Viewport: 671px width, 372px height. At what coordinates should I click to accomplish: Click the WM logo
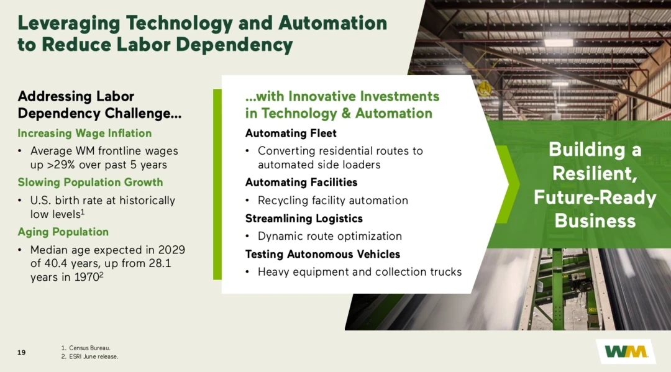click(x=626, y=352)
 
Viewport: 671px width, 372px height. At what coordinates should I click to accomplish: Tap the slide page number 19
click(x=21, y=352)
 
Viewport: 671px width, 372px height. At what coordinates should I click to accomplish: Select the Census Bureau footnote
click(x=86, y=348)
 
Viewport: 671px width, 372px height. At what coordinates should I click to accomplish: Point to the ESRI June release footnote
click(x=89, y=356)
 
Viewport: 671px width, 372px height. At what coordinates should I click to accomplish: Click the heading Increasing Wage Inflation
click(x=84, y=134)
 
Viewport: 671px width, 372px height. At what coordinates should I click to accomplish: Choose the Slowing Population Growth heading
click(x=90, y=182)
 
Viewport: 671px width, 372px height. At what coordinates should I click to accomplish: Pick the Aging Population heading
click(x=63, y=232)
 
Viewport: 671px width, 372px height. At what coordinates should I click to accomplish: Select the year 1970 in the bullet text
click(x=86, y=278)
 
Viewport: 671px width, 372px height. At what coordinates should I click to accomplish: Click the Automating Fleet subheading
click(x=291, y=134)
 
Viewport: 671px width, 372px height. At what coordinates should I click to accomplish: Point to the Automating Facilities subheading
click(x=301, y=182)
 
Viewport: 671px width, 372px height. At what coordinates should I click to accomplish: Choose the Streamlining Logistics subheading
click(x=304, y=219)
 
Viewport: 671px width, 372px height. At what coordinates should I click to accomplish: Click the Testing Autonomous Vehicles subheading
click(x=322, y=255)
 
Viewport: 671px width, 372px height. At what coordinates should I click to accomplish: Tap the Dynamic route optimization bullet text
click(x=330, y=236)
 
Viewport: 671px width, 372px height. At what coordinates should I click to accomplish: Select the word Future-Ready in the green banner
click(x=595, y=197)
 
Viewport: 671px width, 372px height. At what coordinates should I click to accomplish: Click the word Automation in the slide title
click(x=332, y=23)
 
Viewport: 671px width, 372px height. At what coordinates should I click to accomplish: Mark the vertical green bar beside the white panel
click(x=217, y=184)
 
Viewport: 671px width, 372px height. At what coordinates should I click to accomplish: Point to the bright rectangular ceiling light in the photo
click(x=558, y=43)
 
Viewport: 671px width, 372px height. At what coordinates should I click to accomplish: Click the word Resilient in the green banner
click(x=595, y=174)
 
